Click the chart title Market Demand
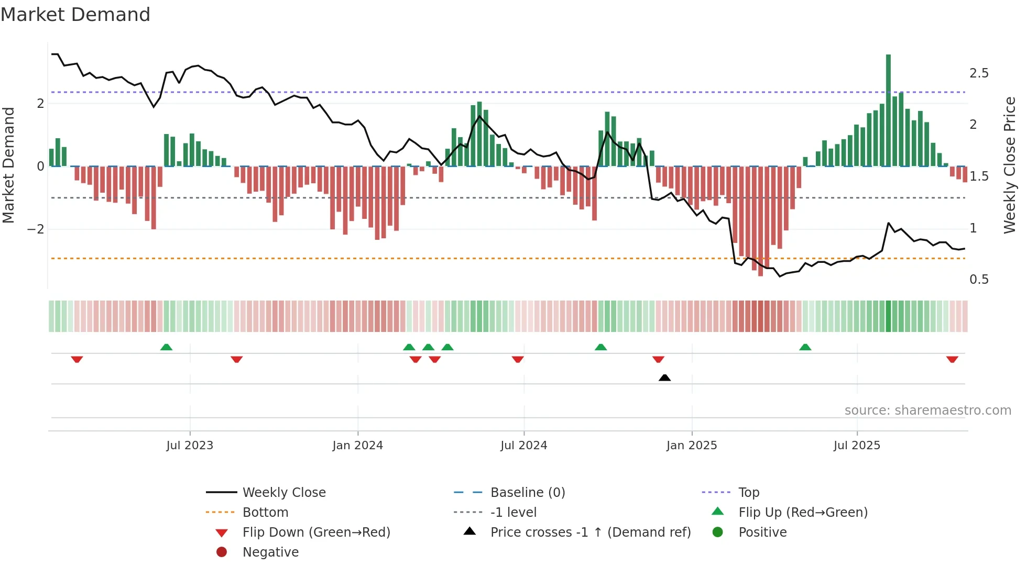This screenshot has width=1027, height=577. click(75, 15)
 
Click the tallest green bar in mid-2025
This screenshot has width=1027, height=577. click(888, 110)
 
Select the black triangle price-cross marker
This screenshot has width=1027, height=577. click(664, 378)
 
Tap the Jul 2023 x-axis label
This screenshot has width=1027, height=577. click(190, 446)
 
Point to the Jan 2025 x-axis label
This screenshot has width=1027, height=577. click(692, 446)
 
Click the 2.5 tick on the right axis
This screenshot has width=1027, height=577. click(979, 73)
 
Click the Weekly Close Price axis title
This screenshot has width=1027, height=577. click(1009, 165)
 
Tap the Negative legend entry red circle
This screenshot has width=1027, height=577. click(222, 552)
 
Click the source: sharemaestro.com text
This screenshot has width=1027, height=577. click(927, 410)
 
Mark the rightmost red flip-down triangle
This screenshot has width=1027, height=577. click(952, 359)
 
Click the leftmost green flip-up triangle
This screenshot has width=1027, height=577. click(166, 347)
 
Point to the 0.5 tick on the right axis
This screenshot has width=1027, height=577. click(979, 280)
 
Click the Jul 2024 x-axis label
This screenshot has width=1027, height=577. click(523, 446)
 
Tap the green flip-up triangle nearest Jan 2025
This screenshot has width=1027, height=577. click(601, 347)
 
